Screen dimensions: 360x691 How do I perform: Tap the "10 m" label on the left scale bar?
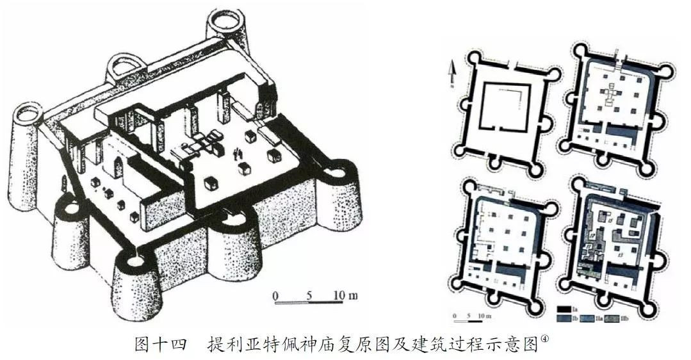pyautogui.click(x=346, y=295)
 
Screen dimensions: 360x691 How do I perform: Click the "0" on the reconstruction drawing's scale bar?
pyautogui.click(x=275, y=295)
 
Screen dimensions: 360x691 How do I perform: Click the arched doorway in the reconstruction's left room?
pyautogui.click(x=118, y=168)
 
